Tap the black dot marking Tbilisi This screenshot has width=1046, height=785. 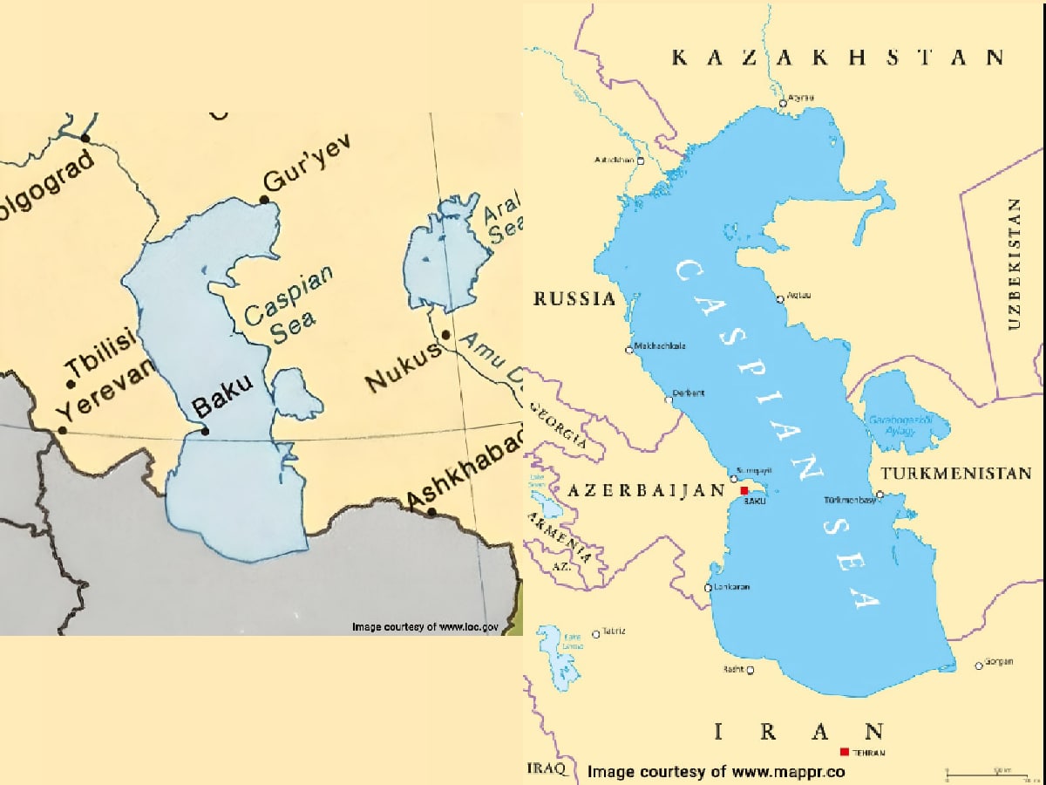pos(71,384)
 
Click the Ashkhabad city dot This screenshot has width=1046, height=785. pos(432,511)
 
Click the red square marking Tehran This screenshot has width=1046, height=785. pos(844,752)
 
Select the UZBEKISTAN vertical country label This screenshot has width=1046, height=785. pos(1013,264)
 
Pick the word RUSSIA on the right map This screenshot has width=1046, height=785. pos(574,299)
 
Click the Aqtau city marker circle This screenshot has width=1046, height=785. pos(781,299)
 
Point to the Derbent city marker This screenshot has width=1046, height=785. pos(669,399)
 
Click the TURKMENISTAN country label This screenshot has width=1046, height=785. pos(956,474)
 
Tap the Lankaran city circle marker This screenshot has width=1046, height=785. pos(709,588)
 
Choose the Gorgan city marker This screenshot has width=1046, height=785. pos(979,666)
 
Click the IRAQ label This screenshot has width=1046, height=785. pos(547,768)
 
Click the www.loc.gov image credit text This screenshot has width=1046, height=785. pos(425,626)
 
